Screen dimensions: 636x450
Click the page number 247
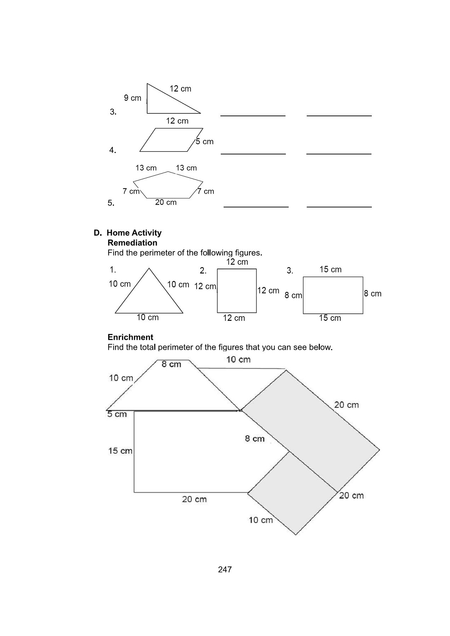[x=225, y=569]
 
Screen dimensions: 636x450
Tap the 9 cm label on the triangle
[x=132, y=98]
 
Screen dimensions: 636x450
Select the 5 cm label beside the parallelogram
[x=204, y=141]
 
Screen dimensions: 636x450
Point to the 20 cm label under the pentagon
[x=166, y=202]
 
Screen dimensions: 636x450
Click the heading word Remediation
[x=132, y=243]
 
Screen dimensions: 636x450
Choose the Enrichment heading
[x=130, y=337]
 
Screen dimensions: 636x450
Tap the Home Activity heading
[x=134, y=233]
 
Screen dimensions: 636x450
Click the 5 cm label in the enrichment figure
[x=117, y=414]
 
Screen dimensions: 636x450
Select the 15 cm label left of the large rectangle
[x=120, y=450]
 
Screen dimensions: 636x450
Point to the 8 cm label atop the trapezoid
[x=171, y=364]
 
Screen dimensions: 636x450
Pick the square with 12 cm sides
[x=237, y=291]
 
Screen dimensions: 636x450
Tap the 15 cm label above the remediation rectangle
[x=330, y=269]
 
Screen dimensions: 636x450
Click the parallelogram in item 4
[x=171, y=140]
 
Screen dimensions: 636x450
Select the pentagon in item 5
[x=168, y=185]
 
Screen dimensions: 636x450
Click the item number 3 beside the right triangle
[x=113, y=112]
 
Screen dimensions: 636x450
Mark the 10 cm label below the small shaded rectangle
[x=261, y=520]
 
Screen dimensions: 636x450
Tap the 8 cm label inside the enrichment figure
[x=255, y=438]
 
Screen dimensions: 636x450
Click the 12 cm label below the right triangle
[x=177, y=121]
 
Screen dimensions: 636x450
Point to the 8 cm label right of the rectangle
[x=373, y=294]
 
